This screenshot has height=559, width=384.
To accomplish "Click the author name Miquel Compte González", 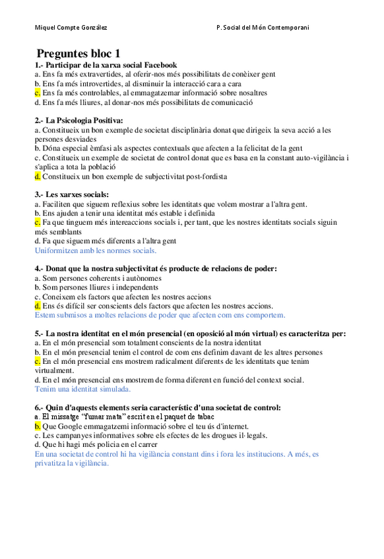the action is tap(71, 27).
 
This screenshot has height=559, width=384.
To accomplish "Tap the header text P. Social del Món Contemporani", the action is tap(263, 27).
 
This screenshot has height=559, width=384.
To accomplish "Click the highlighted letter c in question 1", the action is tap(38, 93).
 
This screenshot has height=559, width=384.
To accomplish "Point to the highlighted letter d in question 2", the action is tap(38, 177).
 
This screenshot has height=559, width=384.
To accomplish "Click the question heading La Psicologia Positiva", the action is tap(90, 121).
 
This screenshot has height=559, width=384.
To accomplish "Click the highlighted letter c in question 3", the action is tap(38, 223).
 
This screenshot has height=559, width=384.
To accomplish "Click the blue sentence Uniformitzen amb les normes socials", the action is tap(96, 250).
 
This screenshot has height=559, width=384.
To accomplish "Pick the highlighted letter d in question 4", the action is tap(38, 306).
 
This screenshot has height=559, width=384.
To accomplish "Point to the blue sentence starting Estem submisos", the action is tap(145, 315).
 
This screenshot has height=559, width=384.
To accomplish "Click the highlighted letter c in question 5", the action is tap(38, 361).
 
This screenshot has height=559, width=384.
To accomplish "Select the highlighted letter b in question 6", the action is tap(38, 426).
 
